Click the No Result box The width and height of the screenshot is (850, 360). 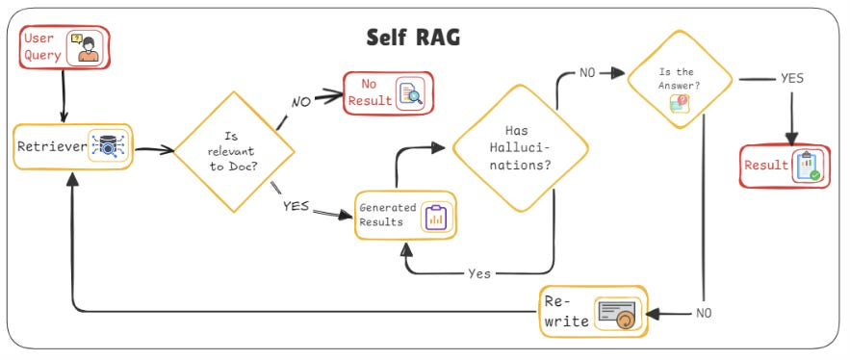[x=388, y=93]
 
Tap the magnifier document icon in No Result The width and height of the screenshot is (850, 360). [x=411, y=93]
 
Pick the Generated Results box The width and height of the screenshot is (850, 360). [x=404, y=216]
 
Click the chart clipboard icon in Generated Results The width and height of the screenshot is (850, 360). [x=434, y=217]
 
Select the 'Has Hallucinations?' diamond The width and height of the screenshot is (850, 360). [x=521, y=147]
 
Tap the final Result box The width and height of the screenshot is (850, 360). [x=785, y=166]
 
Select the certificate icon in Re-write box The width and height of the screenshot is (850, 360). [x=618, y=313]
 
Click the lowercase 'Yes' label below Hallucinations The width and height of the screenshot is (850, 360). [x=478, y=274]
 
